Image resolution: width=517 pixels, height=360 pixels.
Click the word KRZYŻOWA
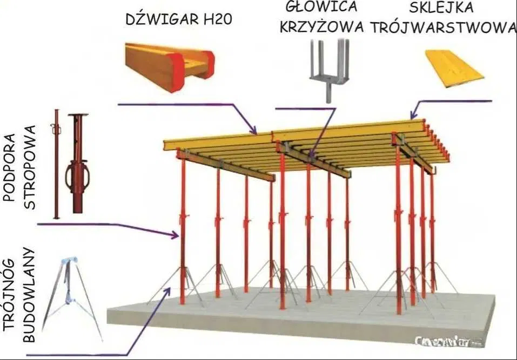(x=322, y=28)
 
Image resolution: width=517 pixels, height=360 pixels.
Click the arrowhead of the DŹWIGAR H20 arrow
(x=254, y=132)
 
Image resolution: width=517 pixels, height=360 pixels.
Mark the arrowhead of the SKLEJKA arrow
(x=413, y=115)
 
